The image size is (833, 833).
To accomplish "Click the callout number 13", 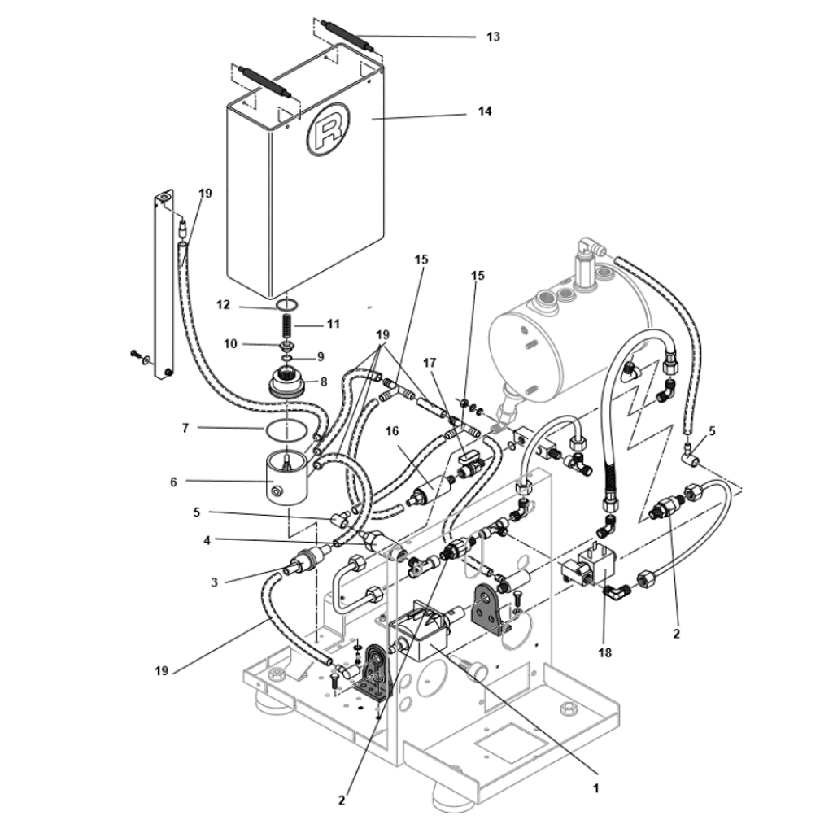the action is (493, 37).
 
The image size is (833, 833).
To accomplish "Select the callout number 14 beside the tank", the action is (485, 111).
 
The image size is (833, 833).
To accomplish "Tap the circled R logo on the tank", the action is (328, 129).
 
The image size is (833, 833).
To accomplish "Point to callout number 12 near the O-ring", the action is (223, 305).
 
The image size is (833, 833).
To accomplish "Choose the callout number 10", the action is (230, 344).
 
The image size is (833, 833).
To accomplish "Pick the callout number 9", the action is (321, 357).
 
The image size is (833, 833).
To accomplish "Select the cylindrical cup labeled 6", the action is (286, 477).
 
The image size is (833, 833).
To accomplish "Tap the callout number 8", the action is (323, 382).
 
